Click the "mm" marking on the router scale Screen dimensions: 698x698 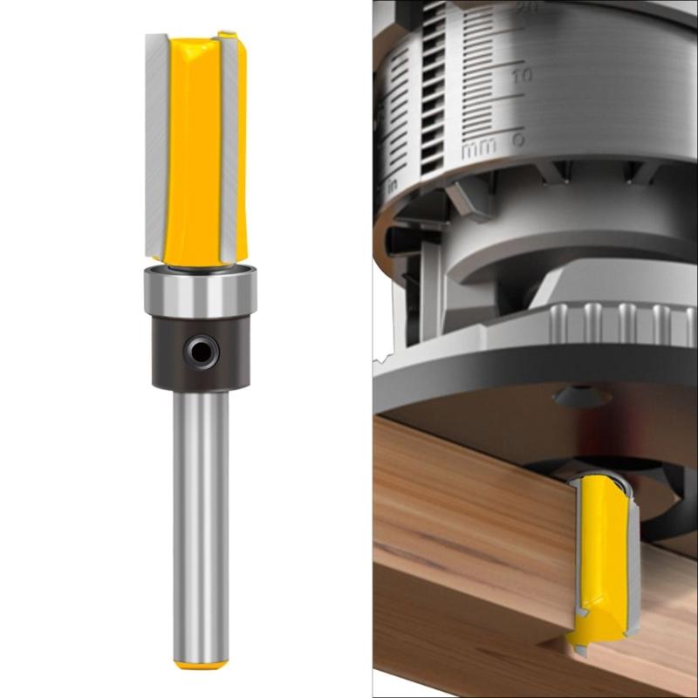479,149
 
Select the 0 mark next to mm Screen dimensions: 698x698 518,140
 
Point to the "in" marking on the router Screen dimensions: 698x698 393,188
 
